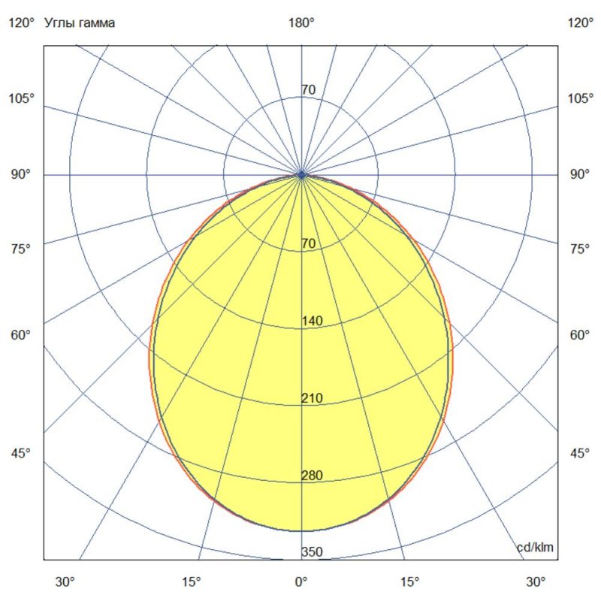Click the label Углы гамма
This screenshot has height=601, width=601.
coord(80,23)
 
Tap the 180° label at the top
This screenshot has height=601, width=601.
coord(301,23)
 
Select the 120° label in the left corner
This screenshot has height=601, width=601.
coord(22,23)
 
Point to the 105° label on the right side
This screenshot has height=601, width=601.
coord(580,98)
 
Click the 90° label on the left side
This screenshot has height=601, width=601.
coord(22,174)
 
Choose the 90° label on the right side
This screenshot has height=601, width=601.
coord(580,174)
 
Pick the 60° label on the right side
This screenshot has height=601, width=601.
coord(580,334)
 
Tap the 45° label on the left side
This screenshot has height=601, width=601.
coord(22,453)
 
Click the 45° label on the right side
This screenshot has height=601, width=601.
coord(580,453)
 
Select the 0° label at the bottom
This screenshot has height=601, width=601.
coord(301,581)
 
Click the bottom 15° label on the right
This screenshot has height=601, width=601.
coord(410,581)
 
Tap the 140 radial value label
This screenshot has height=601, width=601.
coord(312,322)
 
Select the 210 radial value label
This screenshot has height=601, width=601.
coord(312,398)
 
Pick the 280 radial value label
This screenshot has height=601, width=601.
coord(312,475)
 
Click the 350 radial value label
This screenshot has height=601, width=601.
coord(312,552)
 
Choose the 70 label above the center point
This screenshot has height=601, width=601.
coord(308,90)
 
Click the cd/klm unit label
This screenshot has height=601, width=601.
coord(536,547)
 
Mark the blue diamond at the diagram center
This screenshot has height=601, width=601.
coord(301,174)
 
